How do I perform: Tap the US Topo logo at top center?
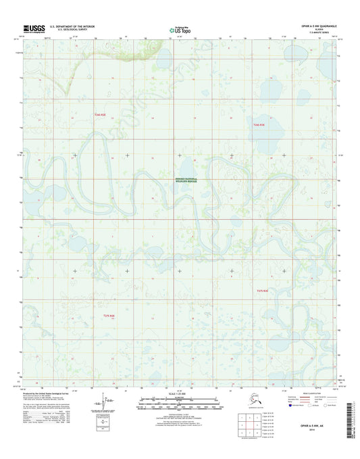click(179, 30)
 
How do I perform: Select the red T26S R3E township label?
click(258, 126)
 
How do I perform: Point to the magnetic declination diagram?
click(101, 402)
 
